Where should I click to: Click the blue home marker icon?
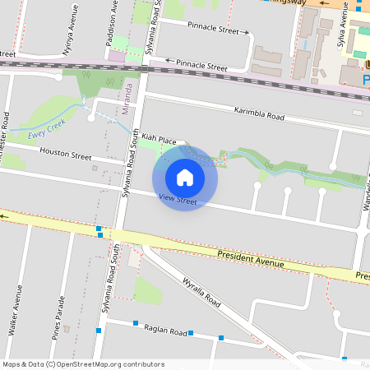[x=185, y=177]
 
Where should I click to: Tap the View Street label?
[x=178, y=200]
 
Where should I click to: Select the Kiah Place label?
[x=159, y=141]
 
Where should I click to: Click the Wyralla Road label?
[x=201, y=291]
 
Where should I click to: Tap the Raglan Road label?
[x=165, y=330]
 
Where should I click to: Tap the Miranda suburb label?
[x=128, y=96]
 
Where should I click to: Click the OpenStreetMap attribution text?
[x=83, y=363]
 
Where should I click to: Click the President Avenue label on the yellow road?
[x=251, y=260]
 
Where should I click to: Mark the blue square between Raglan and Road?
[x=191, y=333]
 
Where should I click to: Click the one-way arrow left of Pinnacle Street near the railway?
[x=169, y=61]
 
